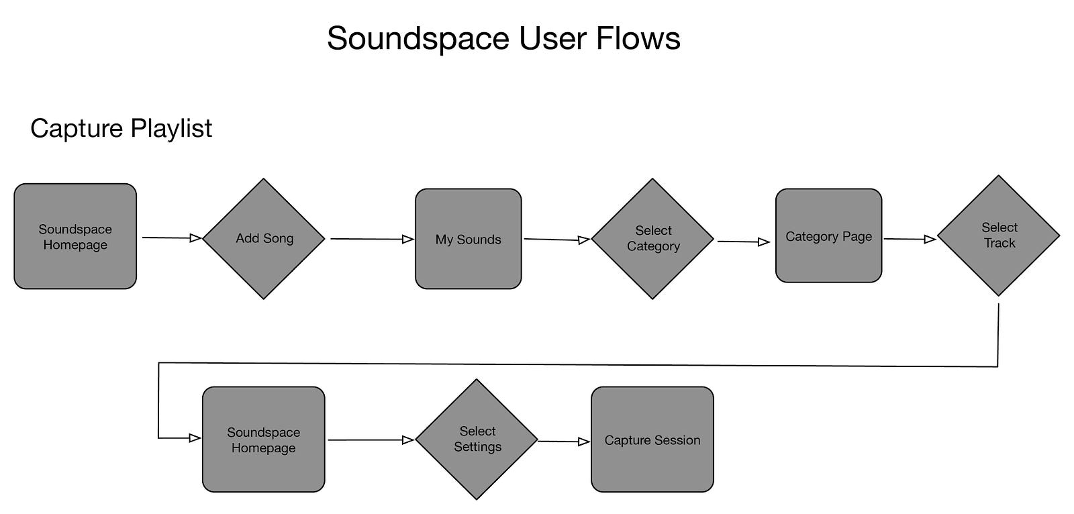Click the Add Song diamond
click(264, 238)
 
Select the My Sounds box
click(468, 239)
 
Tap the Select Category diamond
click(652, 238)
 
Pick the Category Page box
click(828, 236)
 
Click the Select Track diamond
click(998, 236)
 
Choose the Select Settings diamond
click(477, 440)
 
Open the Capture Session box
click(652, 440)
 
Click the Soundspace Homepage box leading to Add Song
click(75, 236)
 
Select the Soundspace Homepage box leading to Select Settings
click(263, 440)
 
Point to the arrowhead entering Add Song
click(195, 238)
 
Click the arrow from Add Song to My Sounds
click(371, 238)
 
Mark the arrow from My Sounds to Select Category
click(556, 239)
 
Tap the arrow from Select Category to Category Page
click(743, 242)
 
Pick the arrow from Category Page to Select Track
click(910, 239)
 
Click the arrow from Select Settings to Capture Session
click(563, 442)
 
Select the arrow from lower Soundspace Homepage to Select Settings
click(371, 440)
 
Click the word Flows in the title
click(638, 38)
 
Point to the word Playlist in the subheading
click(171, 128)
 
